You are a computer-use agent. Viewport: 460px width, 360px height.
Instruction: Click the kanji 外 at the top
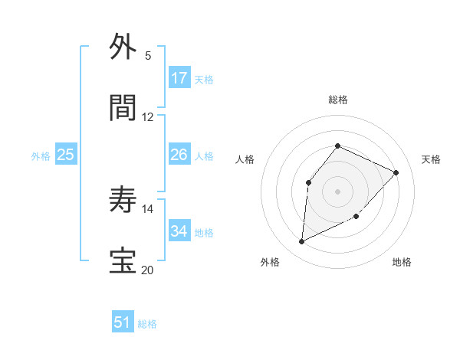123,47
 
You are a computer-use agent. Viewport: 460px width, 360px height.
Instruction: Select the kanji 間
123,108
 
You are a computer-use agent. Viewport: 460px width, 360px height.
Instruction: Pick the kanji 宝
123,261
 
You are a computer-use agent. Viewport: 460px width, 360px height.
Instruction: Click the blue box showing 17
179,78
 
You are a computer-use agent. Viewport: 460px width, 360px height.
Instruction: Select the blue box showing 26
179,155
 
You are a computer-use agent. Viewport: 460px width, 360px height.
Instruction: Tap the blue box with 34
179,231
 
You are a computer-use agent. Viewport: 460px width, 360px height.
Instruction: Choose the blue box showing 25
66,155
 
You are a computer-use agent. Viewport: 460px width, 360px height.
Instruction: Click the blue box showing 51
123,322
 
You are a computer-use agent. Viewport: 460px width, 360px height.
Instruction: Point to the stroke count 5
148,56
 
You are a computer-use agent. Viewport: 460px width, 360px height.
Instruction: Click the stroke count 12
148,117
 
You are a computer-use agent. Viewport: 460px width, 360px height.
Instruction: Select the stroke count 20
148,270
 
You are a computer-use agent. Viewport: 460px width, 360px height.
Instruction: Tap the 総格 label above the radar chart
338,100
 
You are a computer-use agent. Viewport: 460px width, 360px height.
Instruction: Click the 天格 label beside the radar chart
432,159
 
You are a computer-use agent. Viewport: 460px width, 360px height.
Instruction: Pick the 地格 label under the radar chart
402,262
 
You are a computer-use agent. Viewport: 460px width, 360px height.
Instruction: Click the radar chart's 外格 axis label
270,262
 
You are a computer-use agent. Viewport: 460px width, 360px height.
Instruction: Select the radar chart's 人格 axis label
245,159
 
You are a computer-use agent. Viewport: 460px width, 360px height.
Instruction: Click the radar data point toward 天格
396,172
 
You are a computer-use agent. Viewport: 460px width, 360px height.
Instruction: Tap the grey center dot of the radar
337,191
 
